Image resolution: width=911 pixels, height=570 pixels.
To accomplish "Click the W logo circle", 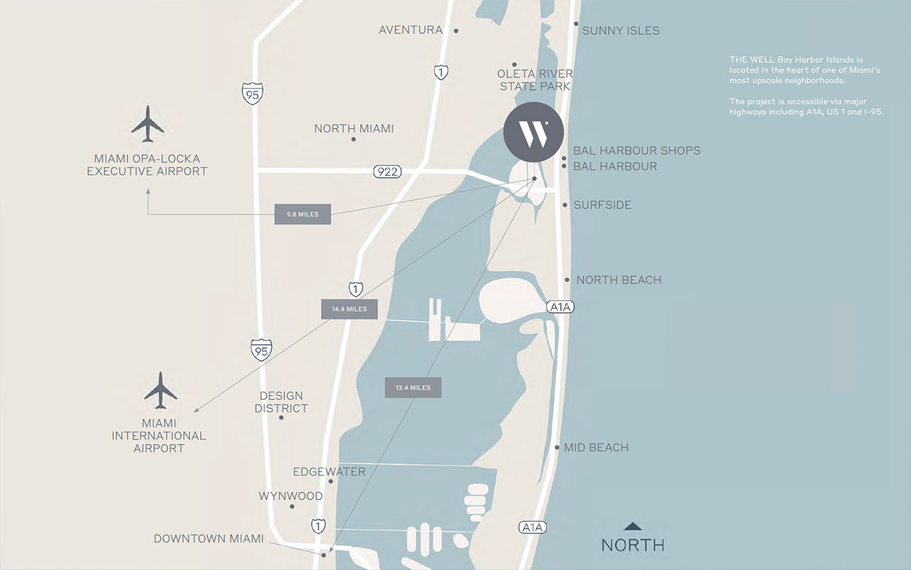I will pos(533,131).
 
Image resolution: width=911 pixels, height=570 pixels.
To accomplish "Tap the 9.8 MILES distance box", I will pos(303,214).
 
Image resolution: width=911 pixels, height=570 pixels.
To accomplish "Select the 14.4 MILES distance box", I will pos(349,309).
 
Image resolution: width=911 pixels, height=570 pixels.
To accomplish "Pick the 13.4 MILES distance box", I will pos(413,387).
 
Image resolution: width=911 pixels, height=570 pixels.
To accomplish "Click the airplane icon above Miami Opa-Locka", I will pos(147,124).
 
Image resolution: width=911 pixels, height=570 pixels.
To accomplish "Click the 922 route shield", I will pos(387,172).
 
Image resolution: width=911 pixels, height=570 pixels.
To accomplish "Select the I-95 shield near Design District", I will pos(261,349).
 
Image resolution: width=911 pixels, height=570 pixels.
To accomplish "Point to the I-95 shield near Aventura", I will pos(253,94).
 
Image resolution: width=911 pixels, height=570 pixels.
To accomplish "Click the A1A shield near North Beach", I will pos(560,306).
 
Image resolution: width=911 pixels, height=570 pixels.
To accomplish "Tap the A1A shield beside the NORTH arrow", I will pos(532,527).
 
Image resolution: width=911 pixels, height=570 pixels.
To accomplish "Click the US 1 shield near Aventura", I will pos(441,71).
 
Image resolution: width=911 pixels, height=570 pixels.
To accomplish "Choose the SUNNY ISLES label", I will pos(620,30).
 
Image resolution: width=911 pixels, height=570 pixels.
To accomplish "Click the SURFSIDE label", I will pos(602,205).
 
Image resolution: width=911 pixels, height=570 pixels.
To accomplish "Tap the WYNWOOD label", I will pos(290,496).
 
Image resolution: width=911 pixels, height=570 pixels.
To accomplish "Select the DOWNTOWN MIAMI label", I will pos(208,538).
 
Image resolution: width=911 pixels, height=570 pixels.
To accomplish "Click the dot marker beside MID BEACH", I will pos(557,448).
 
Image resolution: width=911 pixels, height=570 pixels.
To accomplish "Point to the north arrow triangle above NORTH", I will pos(633,526).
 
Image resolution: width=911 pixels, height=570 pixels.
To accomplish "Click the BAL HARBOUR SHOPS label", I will pos(636,150).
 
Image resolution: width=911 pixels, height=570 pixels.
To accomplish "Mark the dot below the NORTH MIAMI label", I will pos(354,139).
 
